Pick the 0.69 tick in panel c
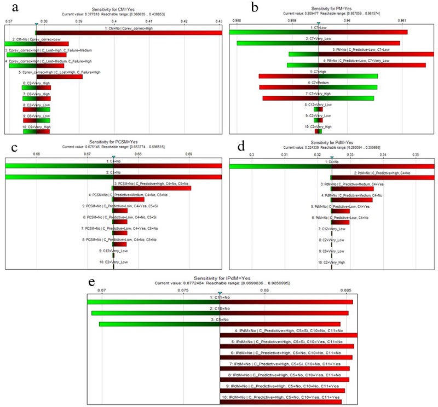tap(189, 155)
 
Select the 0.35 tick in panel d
tap(416, 155)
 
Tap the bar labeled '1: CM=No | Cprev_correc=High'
tap(129, 33)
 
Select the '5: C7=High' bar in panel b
tap(318, 76)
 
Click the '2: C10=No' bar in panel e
tap(220, 313)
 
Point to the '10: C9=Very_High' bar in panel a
tap(36, 131)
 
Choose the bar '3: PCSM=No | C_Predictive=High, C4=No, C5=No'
tap(152, 188)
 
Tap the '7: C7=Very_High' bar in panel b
tap(318, 98)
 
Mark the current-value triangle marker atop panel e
tap(220, 293)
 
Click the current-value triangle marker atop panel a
tap(36, 24)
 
